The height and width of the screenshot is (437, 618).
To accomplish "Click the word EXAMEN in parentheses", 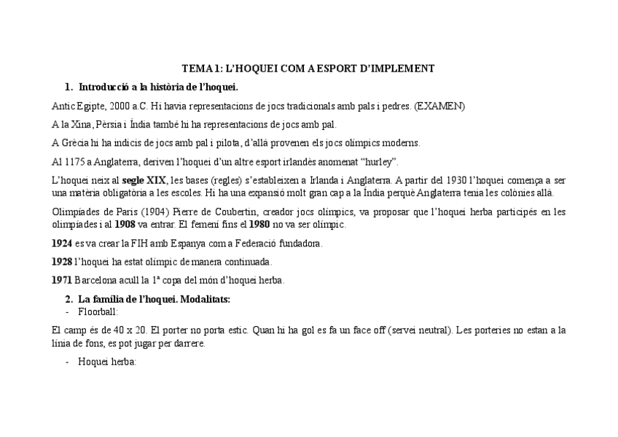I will click(440, 106).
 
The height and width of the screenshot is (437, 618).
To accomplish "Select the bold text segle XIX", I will click(144, 180).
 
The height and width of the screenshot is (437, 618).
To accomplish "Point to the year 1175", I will click(74, 161).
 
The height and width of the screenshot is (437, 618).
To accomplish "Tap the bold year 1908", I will click(125, 224).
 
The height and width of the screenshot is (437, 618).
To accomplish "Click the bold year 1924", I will click(62, 243).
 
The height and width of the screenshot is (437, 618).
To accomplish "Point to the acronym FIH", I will click(138, 243).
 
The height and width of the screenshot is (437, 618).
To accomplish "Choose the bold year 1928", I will click(62, 261).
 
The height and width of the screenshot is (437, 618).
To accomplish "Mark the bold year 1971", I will click(62, 280).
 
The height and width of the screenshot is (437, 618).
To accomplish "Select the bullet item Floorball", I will click(98, 312).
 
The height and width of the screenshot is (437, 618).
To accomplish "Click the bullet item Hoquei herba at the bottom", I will click(106, 362).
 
